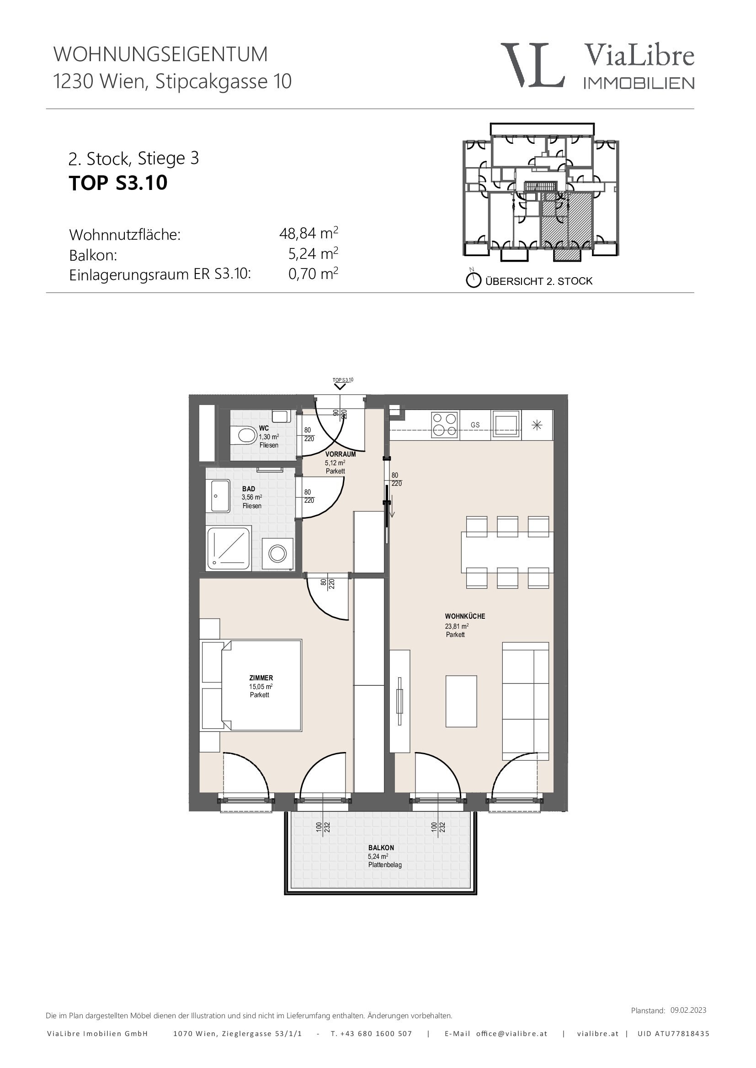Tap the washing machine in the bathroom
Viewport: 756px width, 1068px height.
(x=277, y=553)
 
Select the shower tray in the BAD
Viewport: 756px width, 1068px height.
(x=229, y=548)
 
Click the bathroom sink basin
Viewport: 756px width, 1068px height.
(x=218, y=496)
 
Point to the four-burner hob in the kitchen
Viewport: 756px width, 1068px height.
(x=445, y=425)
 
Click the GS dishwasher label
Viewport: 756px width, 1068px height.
(x=475, y=425)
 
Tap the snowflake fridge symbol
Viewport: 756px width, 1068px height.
(x=537, y=425)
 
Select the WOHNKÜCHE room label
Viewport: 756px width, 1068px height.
(x=464, y=616)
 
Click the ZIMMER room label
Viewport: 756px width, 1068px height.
(x=261, y=678)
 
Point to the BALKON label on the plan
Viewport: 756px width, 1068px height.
(x=381, y=848)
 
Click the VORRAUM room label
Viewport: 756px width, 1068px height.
(x=341, y=454)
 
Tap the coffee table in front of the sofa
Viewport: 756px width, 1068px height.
(x=461, y=701)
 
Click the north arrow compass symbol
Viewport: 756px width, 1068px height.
(x=473, y=279)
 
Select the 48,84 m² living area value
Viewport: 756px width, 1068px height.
(x=308, y=232)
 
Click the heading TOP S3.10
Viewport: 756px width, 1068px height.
(x=118, y=183)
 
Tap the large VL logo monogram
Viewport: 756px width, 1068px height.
(x=533, y=65)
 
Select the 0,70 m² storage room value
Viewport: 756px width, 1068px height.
(x=313, y=273)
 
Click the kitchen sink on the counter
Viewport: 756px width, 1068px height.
(x=506, y=425)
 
